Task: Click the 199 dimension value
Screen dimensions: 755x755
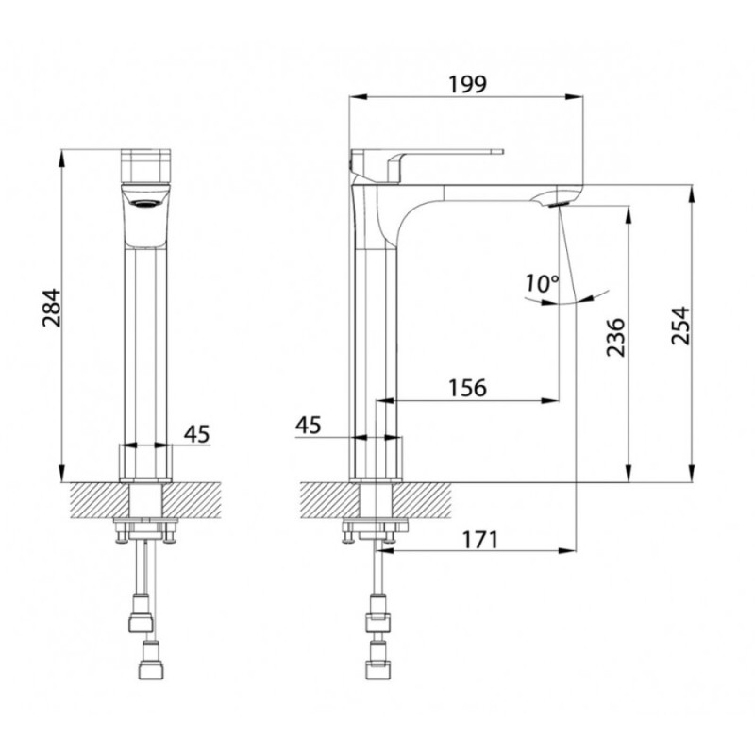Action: tap(467, 85)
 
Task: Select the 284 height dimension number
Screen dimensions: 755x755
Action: tap(52, 309)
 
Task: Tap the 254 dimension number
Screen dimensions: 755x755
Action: tap(680, 326)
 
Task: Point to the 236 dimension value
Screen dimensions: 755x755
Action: tap(615, 337)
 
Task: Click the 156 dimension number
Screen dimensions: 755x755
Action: tap(467, 388)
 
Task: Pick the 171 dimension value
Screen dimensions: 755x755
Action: tap(481, 540)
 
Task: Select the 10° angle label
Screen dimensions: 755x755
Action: tap(542, 283)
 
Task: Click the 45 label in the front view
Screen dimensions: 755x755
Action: tap(197, 434)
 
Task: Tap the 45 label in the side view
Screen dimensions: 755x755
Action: tap(309, 426)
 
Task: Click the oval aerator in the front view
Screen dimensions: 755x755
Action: tap(146, 204)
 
